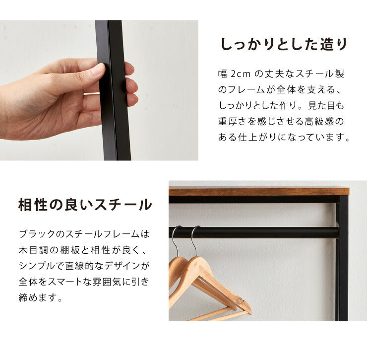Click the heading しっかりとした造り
[284, 45]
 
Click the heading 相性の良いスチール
[85, 205]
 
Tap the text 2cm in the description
[241, 74]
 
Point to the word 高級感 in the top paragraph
[320, 121]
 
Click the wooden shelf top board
[258, 191]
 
